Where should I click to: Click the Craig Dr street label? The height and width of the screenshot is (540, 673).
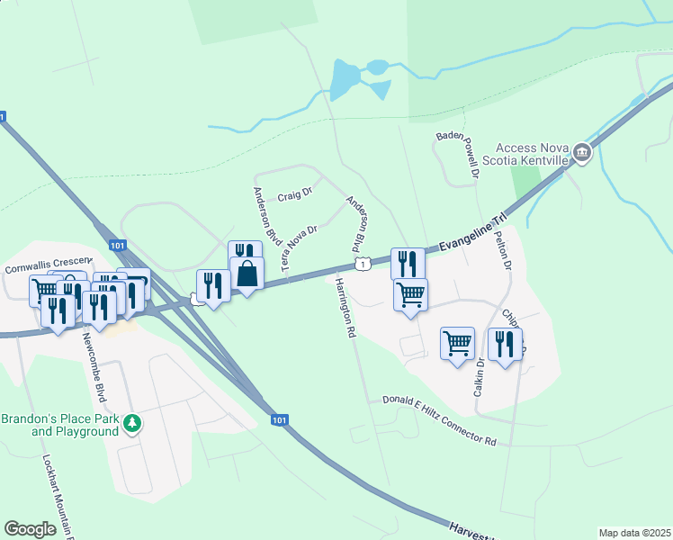(x=294, y=193)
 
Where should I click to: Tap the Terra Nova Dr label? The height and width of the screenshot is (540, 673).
(x=300, y=248)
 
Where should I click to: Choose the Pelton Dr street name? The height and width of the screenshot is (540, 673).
(x=502, y=254)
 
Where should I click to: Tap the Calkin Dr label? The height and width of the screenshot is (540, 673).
(x=480, y=378)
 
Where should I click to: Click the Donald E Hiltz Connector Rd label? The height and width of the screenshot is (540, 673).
(x=439, y=421)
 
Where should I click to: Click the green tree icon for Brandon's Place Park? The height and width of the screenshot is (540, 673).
(x=132, y=422)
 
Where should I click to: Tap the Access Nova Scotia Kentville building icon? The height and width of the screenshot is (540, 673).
(x=582, y=153)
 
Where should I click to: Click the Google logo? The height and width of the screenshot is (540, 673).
(x=31, y=529)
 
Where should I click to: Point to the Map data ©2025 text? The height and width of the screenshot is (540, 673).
(x=634, y=533)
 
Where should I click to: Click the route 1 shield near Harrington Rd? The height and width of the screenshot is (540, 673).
(x=362, y=263)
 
